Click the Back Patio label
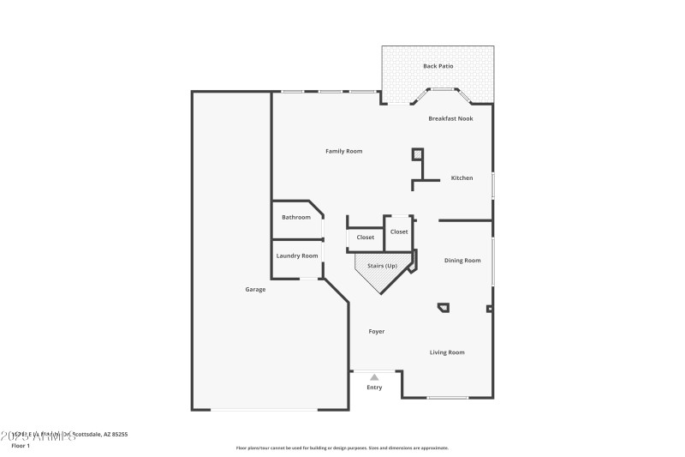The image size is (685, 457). pos(438,66)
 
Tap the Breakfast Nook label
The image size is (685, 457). pos(450,118)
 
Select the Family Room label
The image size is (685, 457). pos(343,151)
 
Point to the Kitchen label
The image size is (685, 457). pos(462,178)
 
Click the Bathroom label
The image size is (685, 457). pos(296,217)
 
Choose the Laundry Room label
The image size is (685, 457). pos(296,256)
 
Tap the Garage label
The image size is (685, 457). pos(255,289)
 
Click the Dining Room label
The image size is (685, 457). pos(462,260)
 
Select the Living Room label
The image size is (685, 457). pos(446,352)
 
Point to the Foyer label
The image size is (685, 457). pos(376,331)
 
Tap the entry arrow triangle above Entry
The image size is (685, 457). pos(374,376)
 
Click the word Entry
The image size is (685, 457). pos(374,388)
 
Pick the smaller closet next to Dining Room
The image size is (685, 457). pos(399,232)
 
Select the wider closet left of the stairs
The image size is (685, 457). pos(366,238)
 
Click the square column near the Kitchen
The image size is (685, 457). pos(418,154)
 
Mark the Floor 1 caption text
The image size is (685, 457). pos(20,446)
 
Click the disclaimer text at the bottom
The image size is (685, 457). pos(342,448)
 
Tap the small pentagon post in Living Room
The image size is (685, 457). pos(444,307)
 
